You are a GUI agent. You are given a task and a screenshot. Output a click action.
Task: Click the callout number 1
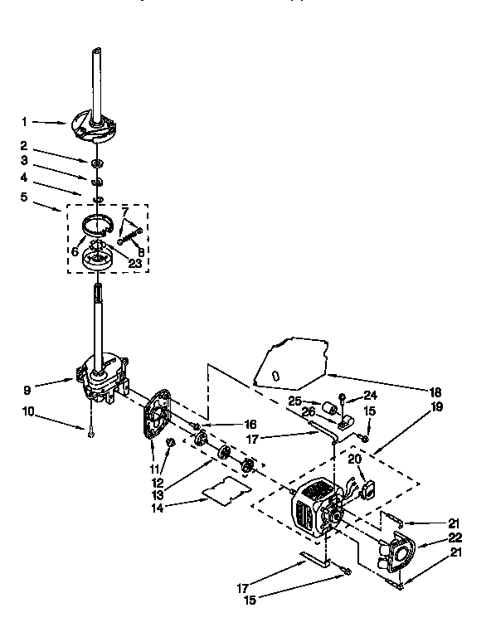(36, 122)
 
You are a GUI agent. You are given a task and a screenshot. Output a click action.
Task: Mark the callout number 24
(370, 395)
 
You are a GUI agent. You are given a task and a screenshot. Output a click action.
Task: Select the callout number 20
(355, 460)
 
